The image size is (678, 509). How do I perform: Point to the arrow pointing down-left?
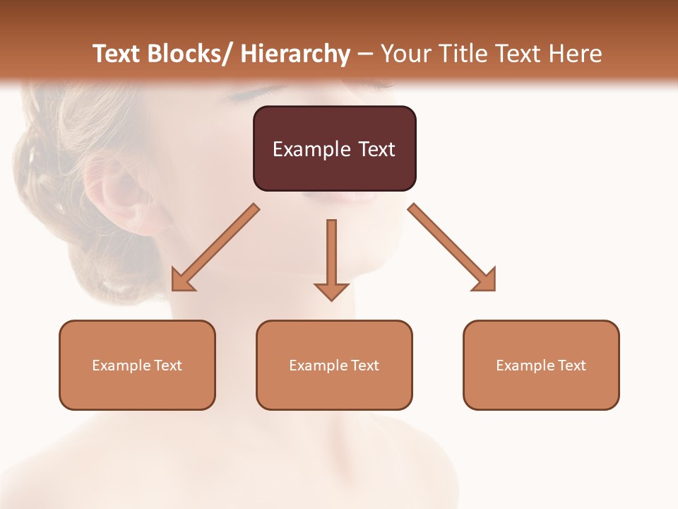tap(215, 247)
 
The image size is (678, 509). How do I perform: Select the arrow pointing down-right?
tap(452, 247)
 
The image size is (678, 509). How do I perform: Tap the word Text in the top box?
tap(376, 149)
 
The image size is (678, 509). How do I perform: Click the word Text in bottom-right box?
tap(571, 365)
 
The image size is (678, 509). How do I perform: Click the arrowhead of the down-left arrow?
tap(182, 281)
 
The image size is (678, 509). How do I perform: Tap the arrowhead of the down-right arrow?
tap(485, 281)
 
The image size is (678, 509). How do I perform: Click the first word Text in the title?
tap(117, 54)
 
